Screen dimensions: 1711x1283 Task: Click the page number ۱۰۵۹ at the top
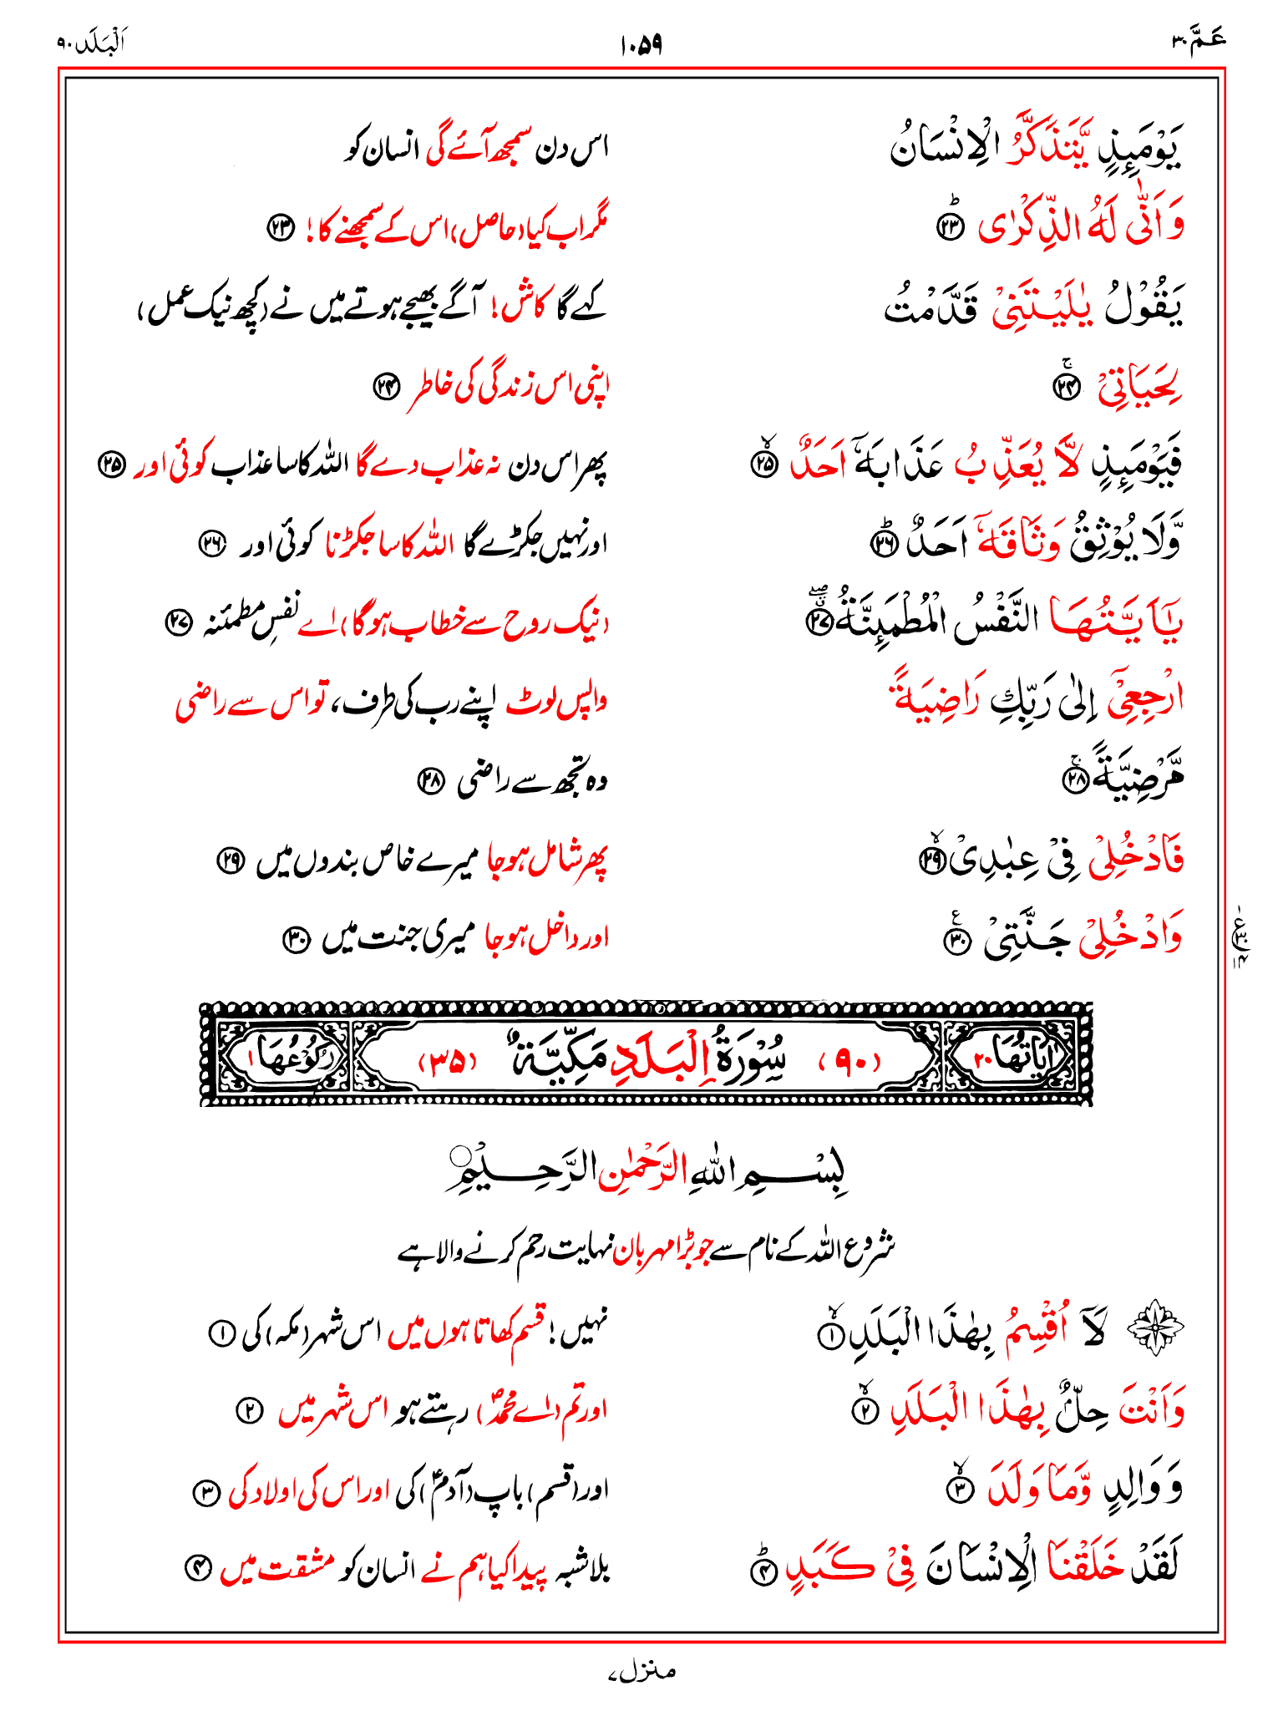[x=641, y=44]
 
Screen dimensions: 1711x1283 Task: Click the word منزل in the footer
[x=642, y=1671]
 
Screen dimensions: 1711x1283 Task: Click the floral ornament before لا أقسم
[x=1155, y=1328]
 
